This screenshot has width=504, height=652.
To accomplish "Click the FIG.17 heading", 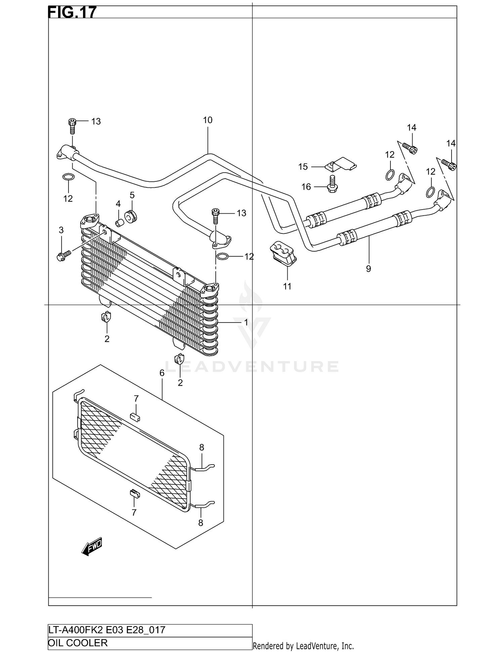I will coord(72,12).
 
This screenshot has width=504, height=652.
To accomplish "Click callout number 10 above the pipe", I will coord(208,120).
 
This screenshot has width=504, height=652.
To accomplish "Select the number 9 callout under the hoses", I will coord(368,269).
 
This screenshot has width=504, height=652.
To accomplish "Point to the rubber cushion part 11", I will coord(283,254).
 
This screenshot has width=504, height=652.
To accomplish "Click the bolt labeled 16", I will coord(332,184).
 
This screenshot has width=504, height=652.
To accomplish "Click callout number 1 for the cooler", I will coord(246,322).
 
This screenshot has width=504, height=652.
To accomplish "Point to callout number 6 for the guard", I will coord(162,373).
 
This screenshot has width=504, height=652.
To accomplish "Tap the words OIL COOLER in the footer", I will coord(78,643).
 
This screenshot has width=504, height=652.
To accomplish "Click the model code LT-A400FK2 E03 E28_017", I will coord(107,630).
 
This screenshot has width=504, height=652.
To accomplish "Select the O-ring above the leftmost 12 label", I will coord(68,177).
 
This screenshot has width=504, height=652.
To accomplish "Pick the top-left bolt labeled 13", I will coord(72,126).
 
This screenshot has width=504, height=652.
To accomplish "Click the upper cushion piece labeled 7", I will coord(135,417).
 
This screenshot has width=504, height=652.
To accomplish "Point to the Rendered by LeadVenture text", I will coord(303,646).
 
